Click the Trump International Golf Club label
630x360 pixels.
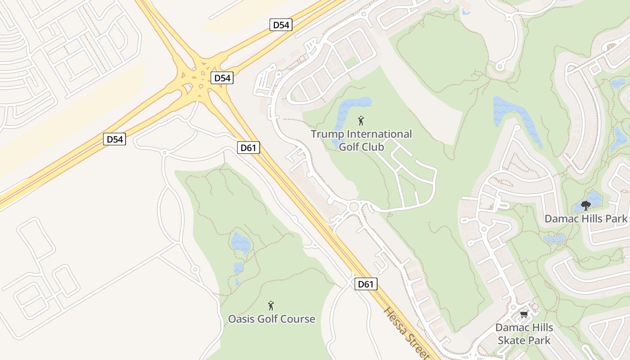coord(361,140)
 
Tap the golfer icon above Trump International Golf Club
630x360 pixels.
coord(360,121)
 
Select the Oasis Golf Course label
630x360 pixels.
coord(271,319)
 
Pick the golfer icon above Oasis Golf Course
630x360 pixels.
coord(271,306)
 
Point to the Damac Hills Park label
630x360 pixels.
coord(585,219)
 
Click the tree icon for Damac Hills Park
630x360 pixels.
coord(585,206)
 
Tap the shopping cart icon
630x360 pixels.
coord(524,314)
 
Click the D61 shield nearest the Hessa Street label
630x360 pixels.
coord(365,284)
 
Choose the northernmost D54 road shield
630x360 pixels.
coord(281,25)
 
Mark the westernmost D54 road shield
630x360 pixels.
coord(114,139)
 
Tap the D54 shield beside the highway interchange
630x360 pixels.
coord(222,78)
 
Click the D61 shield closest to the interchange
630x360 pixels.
coord(248,147)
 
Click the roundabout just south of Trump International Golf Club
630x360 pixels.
coord(354,207)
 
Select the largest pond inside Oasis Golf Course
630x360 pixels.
coord(241,243)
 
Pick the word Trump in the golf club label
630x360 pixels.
coord(328,134)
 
